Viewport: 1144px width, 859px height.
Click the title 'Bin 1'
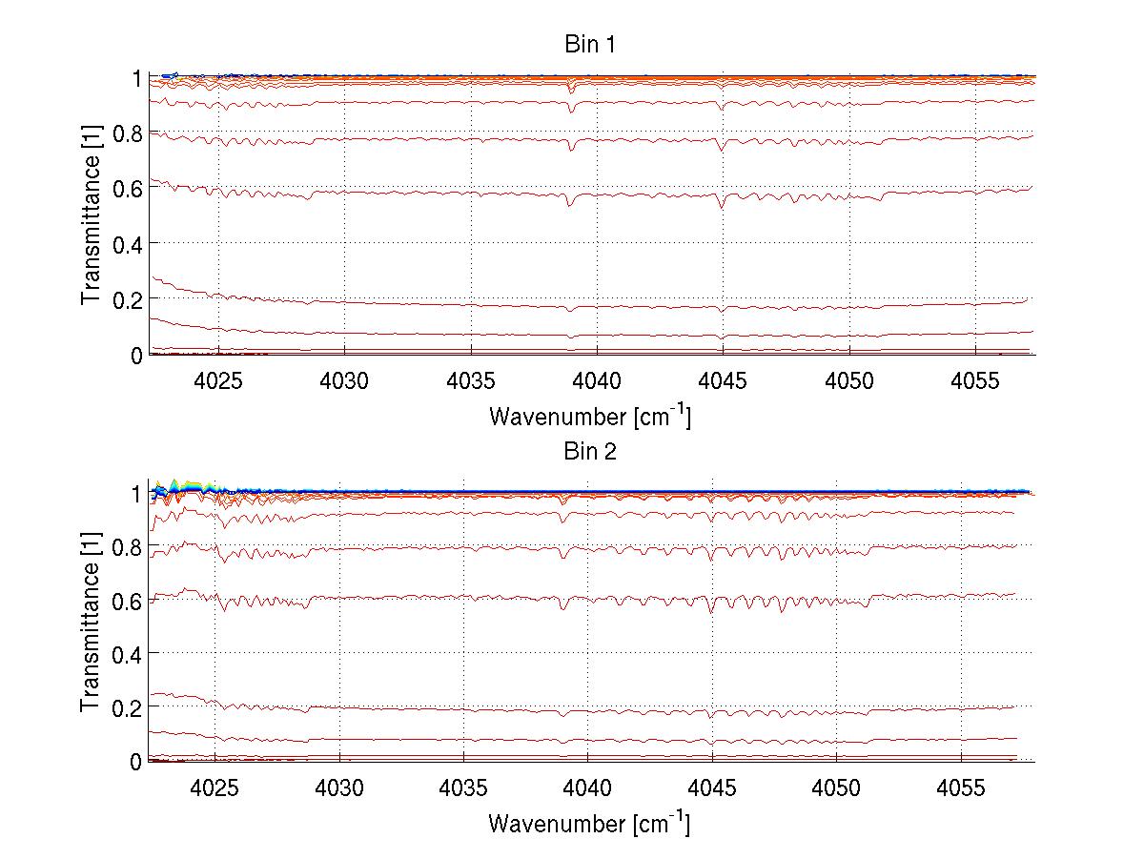click(591, 45)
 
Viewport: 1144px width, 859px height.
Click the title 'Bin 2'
click(591, 452)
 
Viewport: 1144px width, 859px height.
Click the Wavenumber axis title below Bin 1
click(590, 417)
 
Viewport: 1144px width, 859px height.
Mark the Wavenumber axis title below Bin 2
click(590, 823)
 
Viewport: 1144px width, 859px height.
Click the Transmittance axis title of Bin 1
click(92, 215)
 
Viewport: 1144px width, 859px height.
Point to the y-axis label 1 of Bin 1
click(137, 78)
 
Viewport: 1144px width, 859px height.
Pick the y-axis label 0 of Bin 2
click(137, 762)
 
